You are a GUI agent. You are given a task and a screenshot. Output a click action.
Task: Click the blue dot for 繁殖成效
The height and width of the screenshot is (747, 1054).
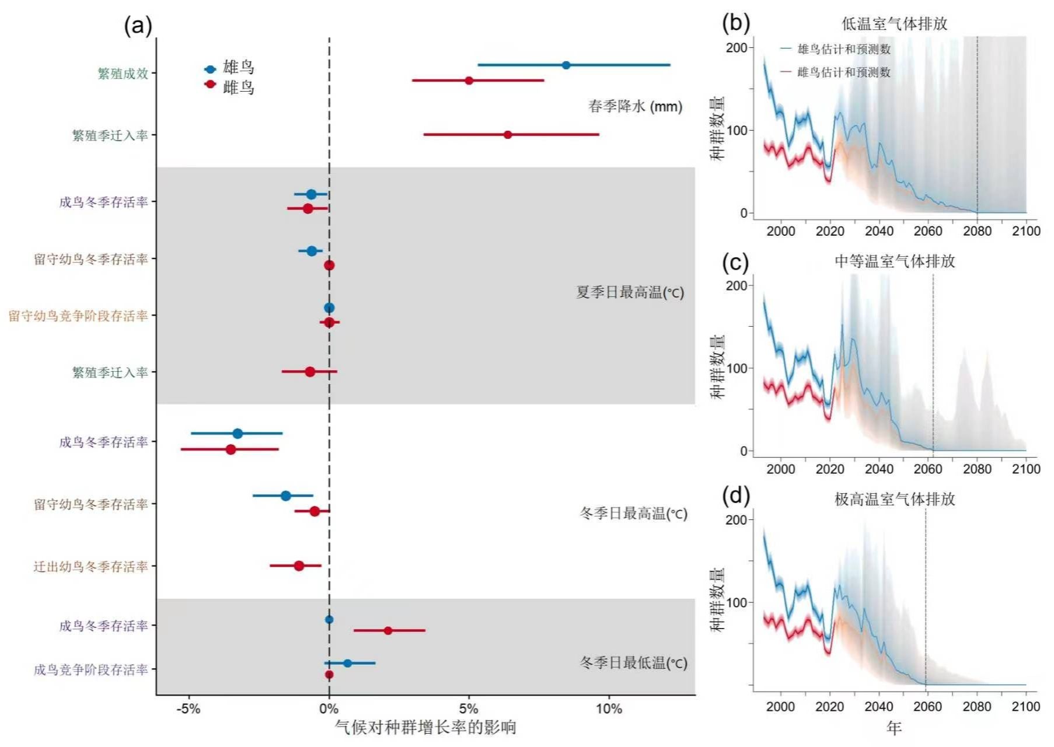(566, 65)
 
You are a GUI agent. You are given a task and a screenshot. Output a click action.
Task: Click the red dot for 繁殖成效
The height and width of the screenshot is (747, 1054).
(469, 81)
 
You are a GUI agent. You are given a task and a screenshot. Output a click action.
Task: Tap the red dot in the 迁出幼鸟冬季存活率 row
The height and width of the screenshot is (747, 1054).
(299, 566)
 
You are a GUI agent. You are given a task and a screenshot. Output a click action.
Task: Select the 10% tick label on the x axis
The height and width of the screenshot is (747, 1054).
(609, 709)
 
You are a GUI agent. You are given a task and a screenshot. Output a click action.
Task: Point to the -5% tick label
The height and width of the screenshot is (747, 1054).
(188, 709)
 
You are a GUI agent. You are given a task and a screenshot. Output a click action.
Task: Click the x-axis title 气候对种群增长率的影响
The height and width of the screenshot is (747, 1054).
(425, 727)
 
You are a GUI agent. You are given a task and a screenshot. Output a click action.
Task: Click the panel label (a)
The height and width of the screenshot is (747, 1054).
(138, 26)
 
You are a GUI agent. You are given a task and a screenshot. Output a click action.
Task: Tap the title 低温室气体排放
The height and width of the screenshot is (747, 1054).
(894, 24)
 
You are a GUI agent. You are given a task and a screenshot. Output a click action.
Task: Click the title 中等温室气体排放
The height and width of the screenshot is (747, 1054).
(894, 261)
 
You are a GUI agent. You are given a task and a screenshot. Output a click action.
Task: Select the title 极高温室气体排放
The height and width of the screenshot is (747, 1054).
(894, 500)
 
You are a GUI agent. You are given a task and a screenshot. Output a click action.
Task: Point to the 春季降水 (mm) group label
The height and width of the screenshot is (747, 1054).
(635, 106)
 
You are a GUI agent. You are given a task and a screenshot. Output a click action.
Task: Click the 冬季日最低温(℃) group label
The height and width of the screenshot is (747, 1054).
(633, 663)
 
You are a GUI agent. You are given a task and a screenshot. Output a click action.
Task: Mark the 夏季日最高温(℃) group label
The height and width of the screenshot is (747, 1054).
(630, 292)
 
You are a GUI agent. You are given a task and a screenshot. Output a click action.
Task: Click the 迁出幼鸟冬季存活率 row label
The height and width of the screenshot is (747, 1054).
(90, 567)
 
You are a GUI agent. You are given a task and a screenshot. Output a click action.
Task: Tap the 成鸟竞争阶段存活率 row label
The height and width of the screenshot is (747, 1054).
(90, 670)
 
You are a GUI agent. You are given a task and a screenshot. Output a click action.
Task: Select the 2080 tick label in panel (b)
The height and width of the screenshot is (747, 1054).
(977, 231)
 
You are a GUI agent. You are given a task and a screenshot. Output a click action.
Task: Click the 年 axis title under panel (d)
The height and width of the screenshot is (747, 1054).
(894, 728)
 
